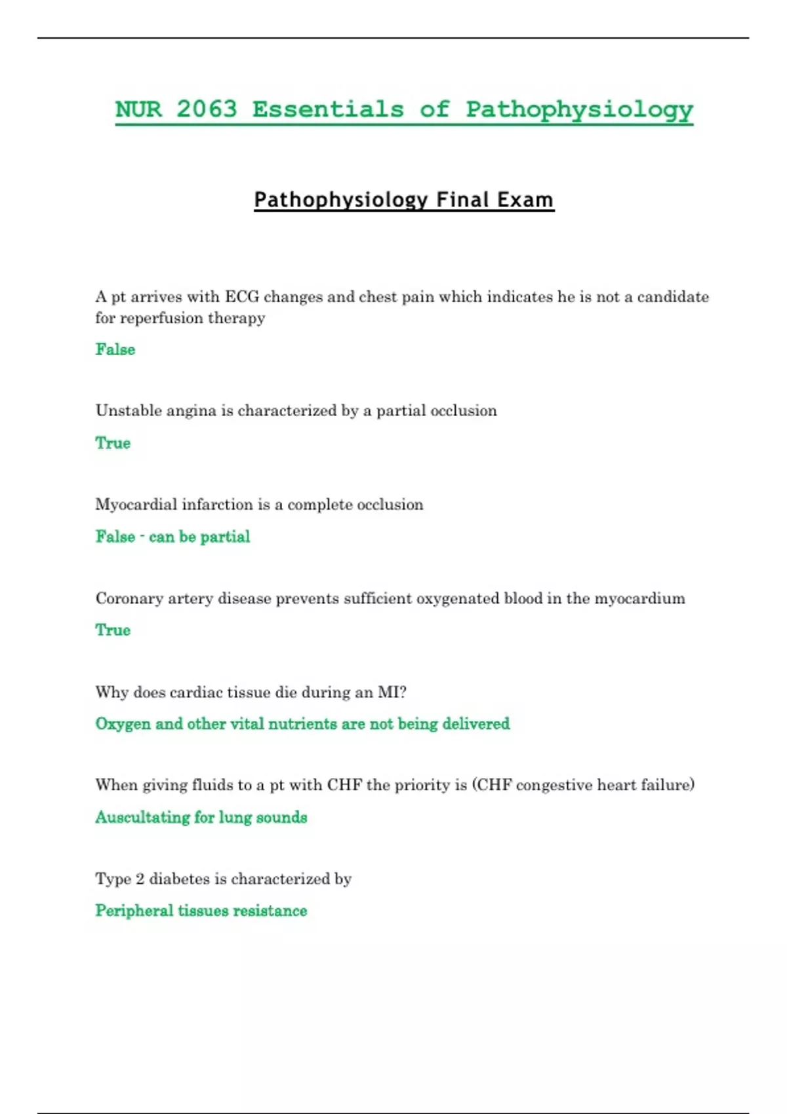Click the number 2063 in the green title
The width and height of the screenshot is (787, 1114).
207,109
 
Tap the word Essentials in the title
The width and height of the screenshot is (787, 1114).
328,109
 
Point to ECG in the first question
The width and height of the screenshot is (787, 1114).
242,297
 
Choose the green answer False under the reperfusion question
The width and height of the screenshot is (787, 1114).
115,349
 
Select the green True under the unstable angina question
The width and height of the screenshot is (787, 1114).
113,443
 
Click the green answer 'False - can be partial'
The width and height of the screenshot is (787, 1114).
172,537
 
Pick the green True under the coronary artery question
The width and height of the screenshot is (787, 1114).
113,630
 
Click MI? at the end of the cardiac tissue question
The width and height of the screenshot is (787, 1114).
392,692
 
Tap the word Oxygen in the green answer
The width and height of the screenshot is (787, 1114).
123,724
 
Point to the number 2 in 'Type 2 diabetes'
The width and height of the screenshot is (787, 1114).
140,879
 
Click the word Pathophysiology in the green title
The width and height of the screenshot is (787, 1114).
579,109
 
